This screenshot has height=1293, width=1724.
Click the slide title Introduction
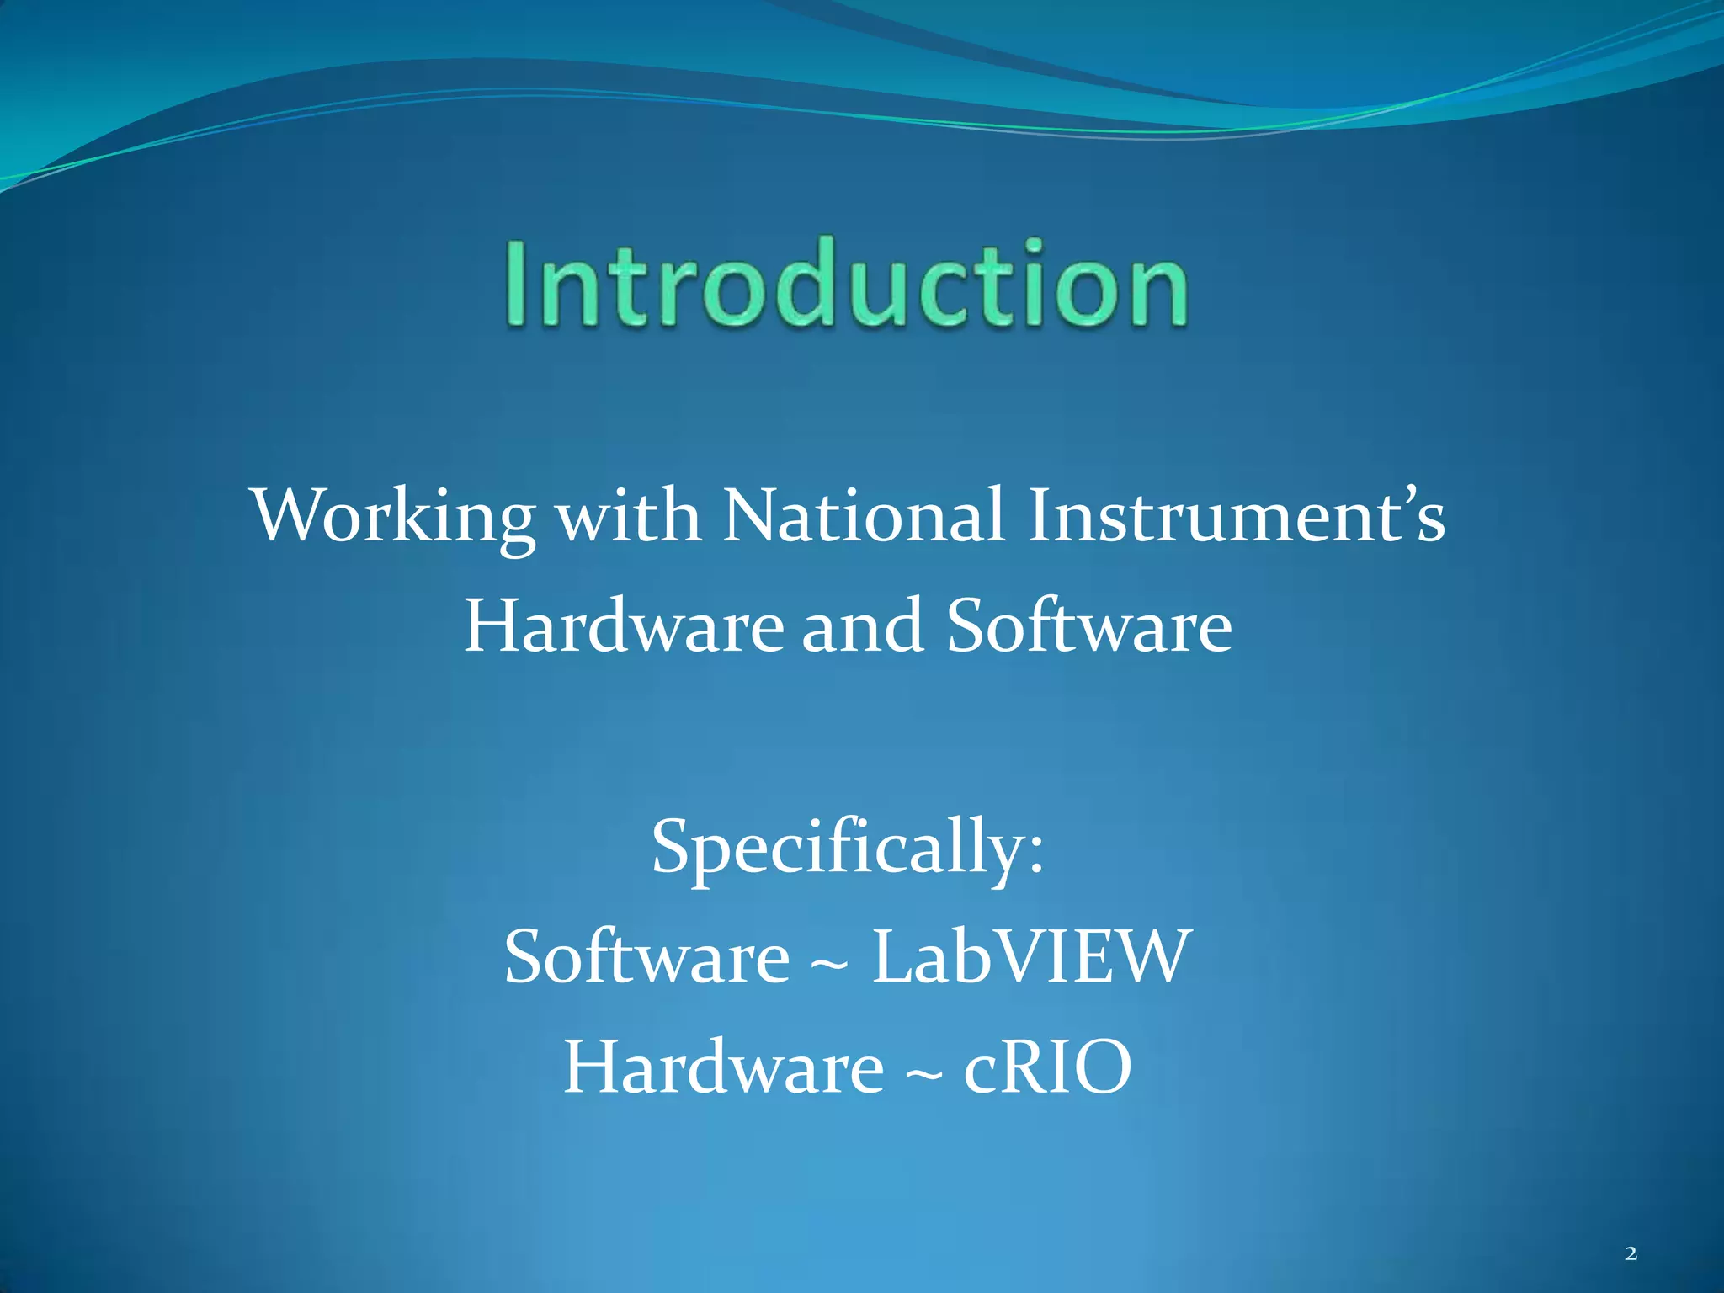[847, 283]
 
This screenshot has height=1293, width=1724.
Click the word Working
[394, 515]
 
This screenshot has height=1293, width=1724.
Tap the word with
[629, 515]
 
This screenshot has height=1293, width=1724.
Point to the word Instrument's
[1236, 515]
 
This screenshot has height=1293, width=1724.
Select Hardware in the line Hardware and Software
[624, 626]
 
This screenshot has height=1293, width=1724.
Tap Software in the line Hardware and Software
[1088, 626]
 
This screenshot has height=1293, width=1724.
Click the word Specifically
[838, 849]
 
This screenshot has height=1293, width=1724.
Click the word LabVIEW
[1031, 957]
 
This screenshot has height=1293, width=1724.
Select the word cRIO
[1047, 1067]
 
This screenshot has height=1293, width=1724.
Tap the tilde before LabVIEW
[829, 965]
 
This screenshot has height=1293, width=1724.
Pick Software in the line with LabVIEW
[646, 957]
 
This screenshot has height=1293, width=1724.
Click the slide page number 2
[1631, 1253]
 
